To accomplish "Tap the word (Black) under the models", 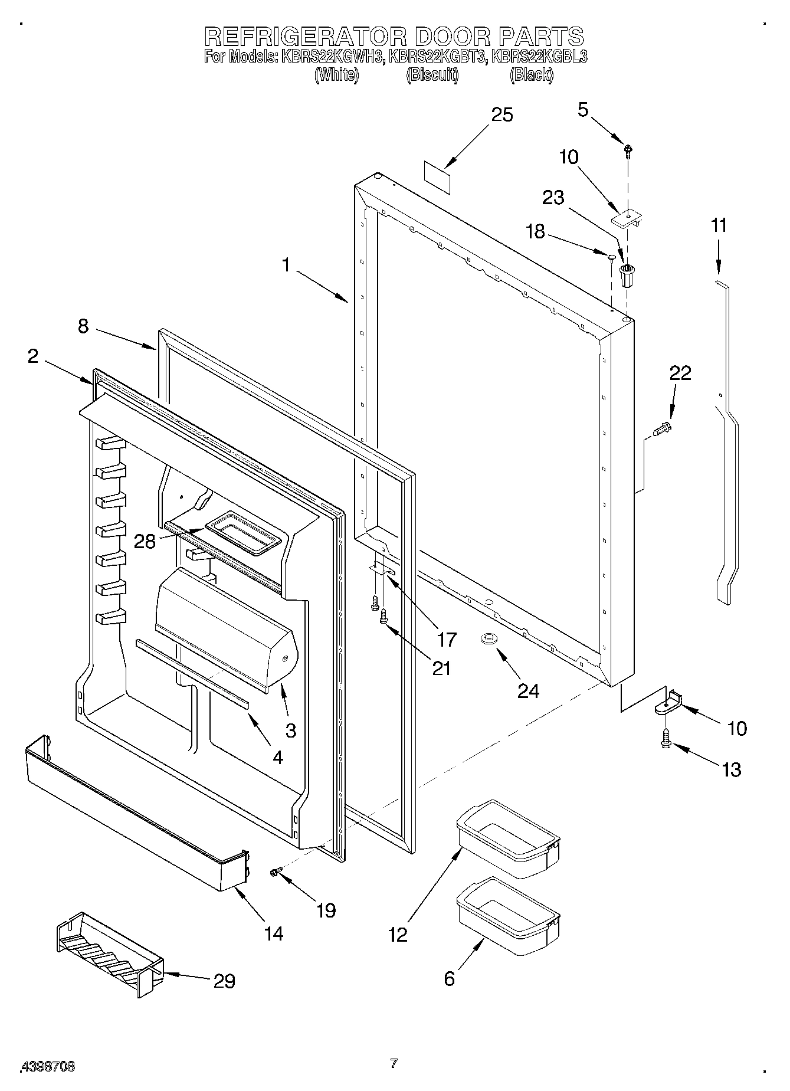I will tap(532, 75).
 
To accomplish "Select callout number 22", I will tap(680, 373).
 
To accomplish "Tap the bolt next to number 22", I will tap(662, 429).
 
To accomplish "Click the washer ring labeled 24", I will tap(489, 638).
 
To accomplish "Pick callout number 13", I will tap(732, 769).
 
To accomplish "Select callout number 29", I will tap(224, 981).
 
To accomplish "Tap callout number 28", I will tap(145, 540).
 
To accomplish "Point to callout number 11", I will tap(719, 225).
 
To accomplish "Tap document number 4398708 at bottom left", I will tap(48, 1066).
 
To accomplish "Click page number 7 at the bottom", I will tap(394, 1064).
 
